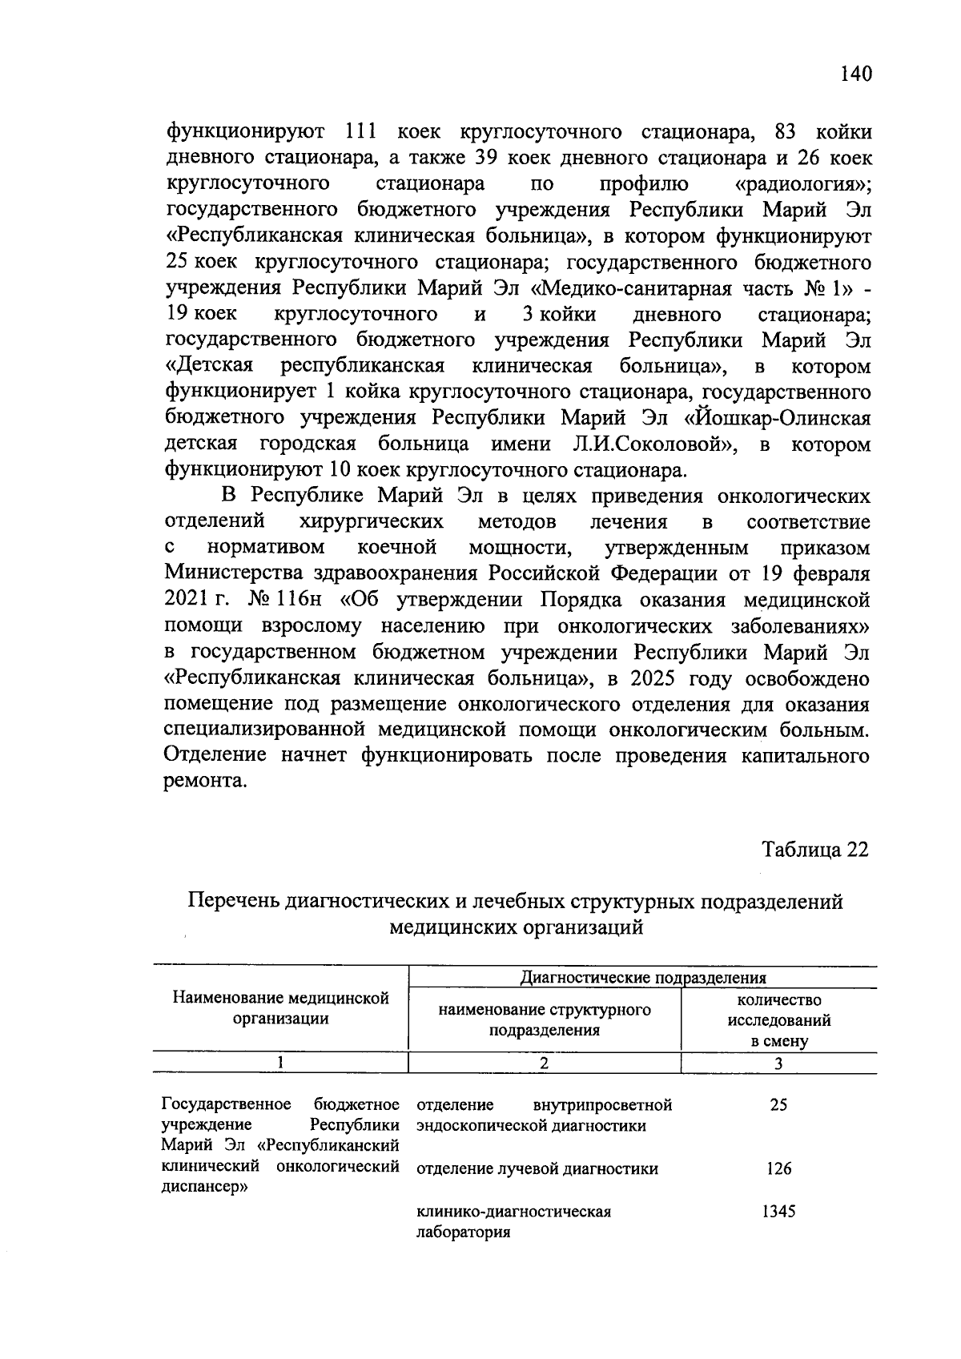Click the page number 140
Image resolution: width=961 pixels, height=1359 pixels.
point(854,74)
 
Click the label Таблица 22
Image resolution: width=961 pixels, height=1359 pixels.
point(814,849)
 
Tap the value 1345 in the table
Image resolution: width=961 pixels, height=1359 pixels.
point(778,1212)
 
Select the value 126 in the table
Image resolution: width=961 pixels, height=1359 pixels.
point(778,1168)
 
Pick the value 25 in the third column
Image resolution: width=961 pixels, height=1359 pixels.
point(778,1105)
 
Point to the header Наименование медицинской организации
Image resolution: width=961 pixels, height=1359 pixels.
point(281,1008)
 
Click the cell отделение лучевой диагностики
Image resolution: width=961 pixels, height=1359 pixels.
point(537,1168)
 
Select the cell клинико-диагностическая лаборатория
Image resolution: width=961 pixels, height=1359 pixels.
point(513,1222)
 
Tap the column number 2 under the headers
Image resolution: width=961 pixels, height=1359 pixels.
point(544,1063)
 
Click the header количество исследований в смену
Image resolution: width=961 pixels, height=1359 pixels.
point(778,1021)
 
